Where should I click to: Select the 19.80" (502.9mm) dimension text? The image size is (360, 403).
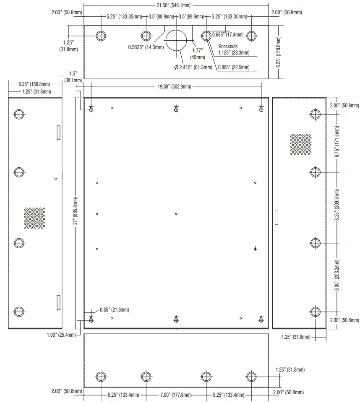[174, 87]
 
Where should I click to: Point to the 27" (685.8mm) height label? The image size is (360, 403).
[76, 212]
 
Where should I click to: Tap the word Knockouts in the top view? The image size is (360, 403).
[228, 47]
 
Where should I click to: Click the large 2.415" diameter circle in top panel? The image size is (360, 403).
[176, 40]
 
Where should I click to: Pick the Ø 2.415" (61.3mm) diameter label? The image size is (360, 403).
[193, 68]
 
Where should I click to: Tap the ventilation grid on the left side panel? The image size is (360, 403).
[34, 218]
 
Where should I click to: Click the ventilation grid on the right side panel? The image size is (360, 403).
[300, 144]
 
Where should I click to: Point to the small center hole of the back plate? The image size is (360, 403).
[176, 214]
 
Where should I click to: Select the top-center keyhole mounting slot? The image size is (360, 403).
[176, 109]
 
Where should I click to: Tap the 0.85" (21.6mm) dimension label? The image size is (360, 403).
[114, 310]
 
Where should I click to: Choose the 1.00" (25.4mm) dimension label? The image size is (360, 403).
[61, 335]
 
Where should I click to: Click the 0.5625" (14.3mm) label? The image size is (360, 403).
[146, 47]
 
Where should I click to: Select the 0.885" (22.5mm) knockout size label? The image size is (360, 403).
[233, 68]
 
